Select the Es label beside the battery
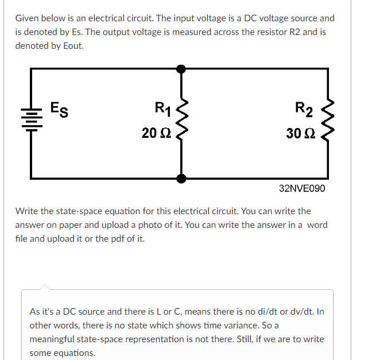[58, 109]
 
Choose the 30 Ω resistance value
[300, 133]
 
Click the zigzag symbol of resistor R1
[182, 122]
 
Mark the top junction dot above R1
[181, 69]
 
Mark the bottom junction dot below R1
[181, 178]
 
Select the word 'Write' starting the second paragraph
[27, 211]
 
